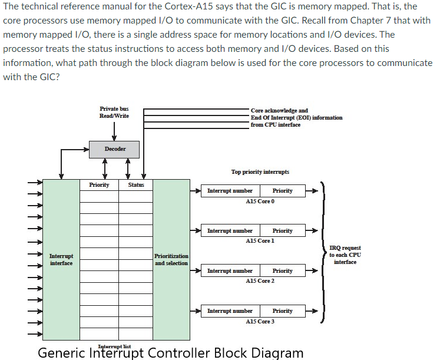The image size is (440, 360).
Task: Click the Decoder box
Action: pos(115,149)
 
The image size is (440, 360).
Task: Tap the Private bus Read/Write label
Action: pos(114,112)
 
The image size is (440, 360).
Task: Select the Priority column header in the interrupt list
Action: pos(99,185)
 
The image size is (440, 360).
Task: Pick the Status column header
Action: pos(136,185)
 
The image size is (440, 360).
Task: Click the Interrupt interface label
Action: pos(61,259)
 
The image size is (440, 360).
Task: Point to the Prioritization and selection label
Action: pos(171,259)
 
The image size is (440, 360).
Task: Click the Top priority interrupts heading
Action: pos(260,172)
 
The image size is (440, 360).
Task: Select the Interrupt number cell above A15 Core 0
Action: pos(230,191)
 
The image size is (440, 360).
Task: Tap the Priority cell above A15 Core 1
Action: pos(283,231)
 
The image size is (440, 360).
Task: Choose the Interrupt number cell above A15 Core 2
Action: pos(230,271)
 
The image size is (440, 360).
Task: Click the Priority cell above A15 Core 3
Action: pos(283,311)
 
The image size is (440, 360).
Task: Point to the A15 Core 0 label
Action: pos(260,202)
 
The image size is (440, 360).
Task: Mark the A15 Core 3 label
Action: pos(260,322)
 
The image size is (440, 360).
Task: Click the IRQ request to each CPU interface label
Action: pos(345,255)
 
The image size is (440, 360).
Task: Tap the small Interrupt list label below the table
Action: pos(114,346)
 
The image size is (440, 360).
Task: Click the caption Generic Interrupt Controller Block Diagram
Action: pos(171,353)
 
